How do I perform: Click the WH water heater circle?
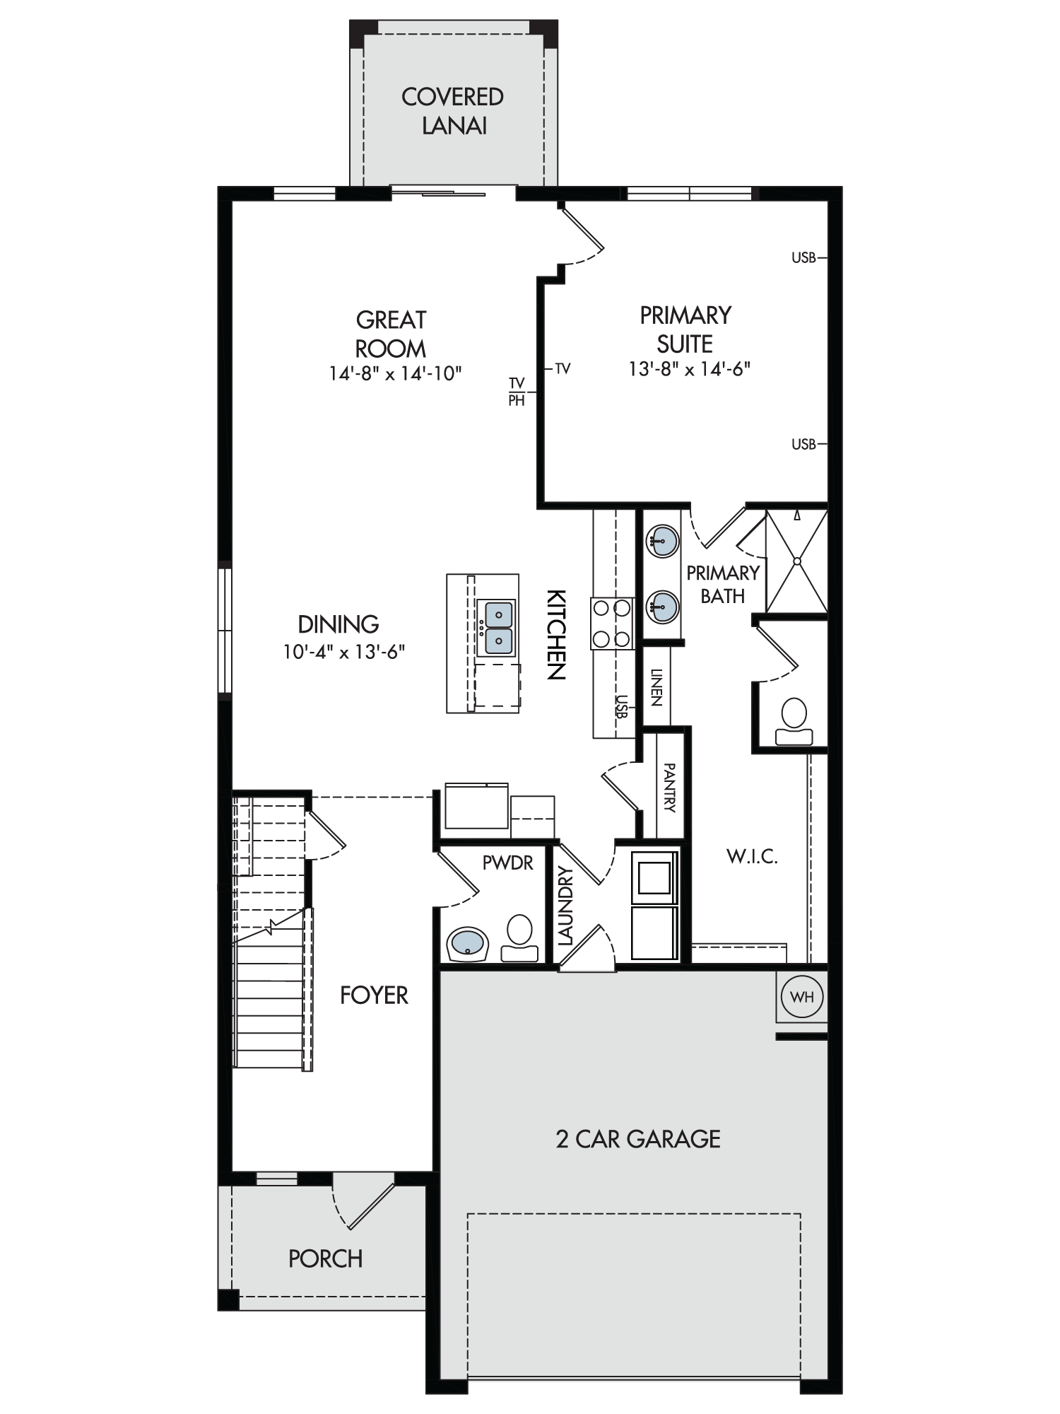tap(802, 997)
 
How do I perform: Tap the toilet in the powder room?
tap(519, 938)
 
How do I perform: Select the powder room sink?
tap(467, 944)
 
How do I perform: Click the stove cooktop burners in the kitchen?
tap(612, 623)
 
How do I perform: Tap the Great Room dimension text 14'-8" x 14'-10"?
tap(395, 373)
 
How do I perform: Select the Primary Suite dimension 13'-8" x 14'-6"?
tap(690, 368)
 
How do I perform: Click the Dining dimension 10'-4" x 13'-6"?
tap(344, 651)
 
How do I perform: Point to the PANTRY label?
tap(669, 788)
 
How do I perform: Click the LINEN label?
tap(656, 687)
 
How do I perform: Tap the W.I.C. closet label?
tap(752, 857)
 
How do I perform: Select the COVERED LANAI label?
tap(453, 111)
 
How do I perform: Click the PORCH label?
tap(325, 1258)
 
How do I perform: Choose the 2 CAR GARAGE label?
tap(638, 1139)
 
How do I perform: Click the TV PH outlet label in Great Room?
tap(517, 392)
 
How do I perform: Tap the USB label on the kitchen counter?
tap(621, 706)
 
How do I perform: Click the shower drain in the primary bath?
tap(797, 561)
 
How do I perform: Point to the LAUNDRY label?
tap(565, 906)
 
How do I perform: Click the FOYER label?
tap(374, 995)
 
